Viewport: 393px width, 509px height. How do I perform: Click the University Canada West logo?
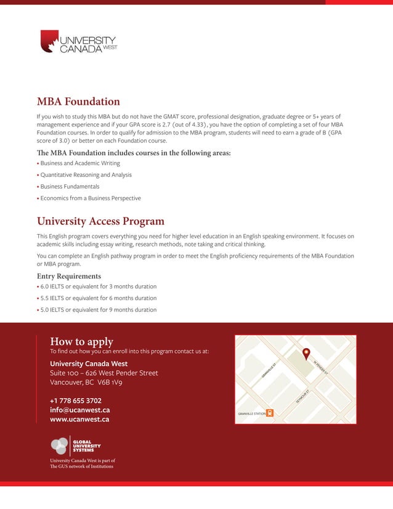(78, 41)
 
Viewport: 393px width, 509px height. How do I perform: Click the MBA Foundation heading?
(78, 102)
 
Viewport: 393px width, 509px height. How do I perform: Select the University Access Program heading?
(100, 221)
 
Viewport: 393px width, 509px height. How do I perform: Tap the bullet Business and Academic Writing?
(80, 163)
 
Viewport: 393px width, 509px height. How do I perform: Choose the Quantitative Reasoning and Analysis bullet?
(86, 175)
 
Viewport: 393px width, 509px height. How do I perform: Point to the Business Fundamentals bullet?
(70, 187)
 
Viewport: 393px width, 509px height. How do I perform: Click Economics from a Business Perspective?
(90, 198)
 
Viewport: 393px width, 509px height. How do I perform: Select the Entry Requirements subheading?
(69, 276)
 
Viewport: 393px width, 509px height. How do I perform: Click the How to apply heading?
(81, 341)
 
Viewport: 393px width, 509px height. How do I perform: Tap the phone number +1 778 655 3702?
(76, 400)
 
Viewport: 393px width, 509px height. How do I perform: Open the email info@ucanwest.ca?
(80, 410)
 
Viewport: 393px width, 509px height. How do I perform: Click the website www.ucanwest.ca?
(79, 420)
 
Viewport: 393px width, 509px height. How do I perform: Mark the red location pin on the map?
(307, 354)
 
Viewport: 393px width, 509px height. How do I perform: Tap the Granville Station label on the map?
(252, 413)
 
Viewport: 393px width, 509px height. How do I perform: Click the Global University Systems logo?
(76, 445)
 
